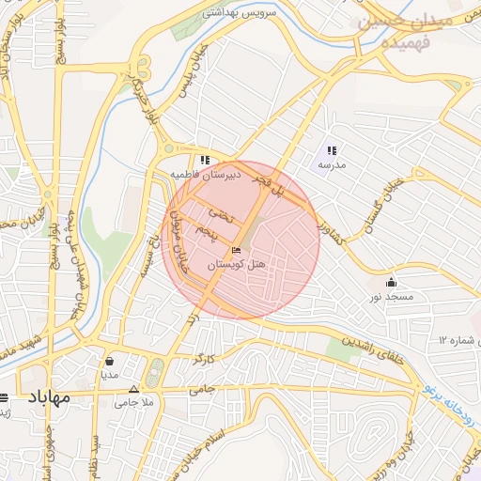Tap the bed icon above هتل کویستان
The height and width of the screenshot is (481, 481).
coord(236,250)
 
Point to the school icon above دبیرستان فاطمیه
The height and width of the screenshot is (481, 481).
coord(205,160)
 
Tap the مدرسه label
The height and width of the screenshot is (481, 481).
coord(332,165)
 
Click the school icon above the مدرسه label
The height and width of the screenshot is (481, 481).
coord(332,150)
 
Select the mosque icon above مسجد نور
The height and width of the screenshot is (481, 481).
coord(391,282)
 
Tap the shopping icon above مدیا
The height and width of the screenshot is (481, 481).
coord(110,360)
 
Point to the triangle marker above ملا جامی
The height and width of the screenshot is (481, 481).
coord(133,389)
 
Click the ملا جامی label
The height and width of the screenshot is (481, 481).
coord(133,402)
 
